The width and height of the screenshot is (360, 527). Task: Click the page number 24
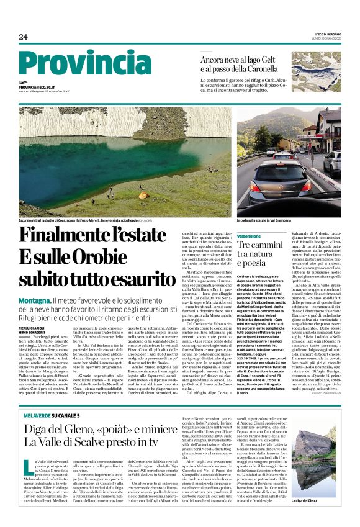(x=23, y=37)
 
